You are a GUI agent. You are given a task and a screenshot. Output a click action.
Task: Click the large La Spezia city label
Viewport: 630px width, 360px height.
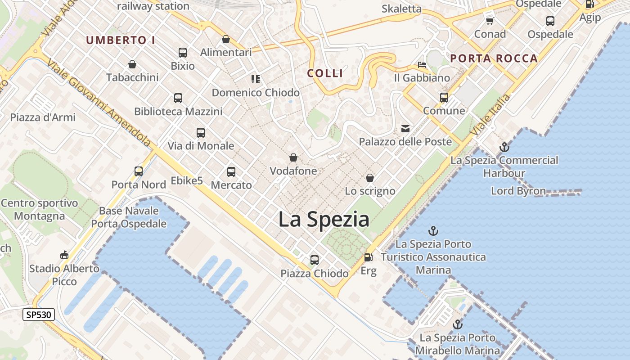click(x=324, y=220)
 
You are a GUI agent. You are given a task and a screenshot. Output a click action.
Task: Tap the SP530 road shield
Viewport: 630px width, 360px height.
click(x=39, y=315)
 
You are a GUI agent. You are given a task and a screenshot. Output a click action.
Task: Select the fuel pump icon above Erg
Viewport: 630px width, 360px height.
click(x=368, y=257)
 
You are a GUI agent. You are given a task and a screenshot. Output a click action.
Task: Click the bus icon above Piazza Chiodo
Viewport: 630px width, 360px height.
click(x=314, y=260)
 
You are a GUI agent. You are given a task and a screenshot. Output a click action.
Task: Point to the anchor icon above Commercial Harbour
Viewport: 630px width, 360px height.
click(x=504, y=147)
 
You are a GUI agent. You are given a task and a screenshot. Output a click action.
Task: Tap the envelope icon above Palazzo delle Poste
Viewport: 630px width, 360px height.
click(x=405, y=129)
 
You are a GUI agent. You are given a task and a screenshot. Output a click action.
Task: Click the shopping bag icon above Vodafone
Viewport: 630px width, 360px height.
click(x=293, y=157)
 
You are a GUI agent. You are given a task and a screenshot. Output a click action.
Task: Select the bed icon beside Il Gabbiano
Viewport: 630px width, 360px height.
click(x=422, y=65)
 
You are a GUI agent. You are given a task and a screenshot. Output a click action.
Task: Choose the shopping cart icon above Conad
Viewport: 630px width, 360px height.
click(x=490, y=21)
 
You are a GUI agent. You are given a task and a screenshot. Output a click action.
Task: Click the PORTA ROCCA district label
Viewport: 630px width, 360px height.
click(x=494, y=58)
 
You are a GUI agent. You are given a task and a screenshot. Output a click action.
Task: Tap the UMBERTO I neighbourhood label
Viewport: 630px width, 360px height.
click(x=121, y=40)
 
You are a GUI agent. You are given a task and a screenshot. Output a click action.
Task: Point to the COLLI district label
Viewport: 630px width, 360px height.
click(x=325, y=73)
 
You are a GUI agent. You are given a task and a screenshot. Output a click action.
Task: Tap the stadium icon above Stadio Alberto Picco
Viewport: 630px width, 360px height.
click(x=64, y=255)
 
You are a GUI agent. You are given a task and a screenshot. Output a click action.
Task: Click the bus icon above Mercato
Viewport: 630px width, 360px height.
click(x=231, y=171)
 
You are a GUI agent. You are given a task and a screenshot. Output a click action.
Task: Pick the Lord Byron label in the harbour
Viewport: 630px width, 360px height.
click(x=518, y=191)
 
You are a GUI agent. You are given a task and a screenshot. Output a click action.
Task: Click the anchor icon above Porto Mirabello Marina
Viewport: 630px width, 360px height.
click(x=457, y=324)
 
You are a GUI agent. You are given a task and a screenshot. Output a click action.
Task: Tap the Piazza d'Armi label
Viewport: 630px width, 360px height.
click(x=43, y=117)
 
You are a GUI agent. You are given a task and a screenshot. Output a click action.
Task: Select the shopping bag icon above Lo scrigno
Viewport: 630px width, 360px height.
click(x=370, y=178)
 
